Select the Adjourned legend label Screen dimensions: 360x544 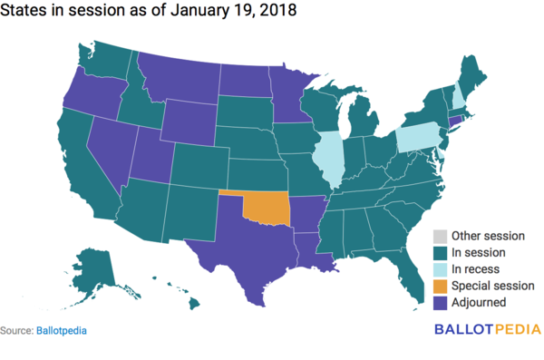(484, 302)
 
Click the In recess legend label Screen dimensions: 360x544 (481, 269)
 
